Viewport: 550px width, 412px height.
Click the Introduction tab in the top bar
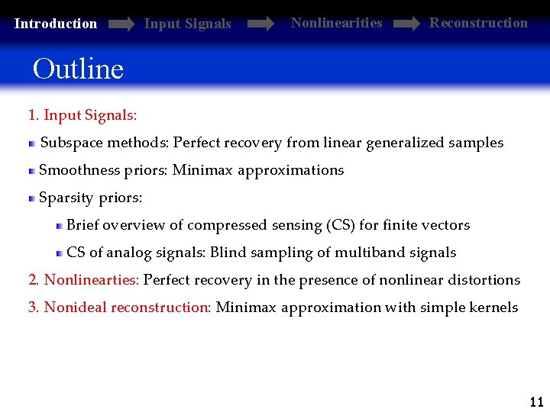point(56,24)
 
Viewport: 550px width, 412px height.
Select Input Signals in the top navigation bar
point(187,24)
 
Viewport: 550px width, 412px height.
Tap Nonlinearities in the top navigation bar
point(336,23)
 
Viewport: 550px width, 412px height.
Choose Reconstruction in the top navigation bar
point(478,23)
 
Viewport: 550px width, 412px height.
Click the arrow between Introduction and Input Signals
point(121,24)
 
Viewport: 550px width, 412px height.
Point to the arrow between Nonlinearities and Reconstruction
point(406,24)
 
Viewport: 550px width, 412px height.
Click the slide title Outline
point(78,69)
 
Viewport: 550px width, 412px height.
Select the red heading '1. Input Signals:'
point(82,115)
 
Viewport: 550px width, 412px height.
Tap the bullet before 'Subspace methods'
point(32,143)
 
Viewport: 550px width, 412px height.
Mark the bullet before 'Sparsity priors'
point(32,198)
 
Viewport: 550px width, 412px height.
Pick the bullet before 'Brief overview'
point(60,225)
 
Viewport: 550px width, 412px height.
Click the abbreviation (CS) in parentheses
point(340,225)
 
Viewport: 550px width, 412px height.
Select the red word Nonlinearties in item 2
point(92,280)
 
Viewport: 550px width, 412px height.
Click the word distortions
point(483,280)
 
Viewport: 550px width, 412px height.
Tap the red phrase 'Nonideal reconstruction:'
point(128,307)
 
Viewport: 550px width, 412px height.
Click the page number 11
point(536,402)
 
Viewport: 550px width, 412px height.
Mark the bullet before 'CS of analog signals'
point(60,253)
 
